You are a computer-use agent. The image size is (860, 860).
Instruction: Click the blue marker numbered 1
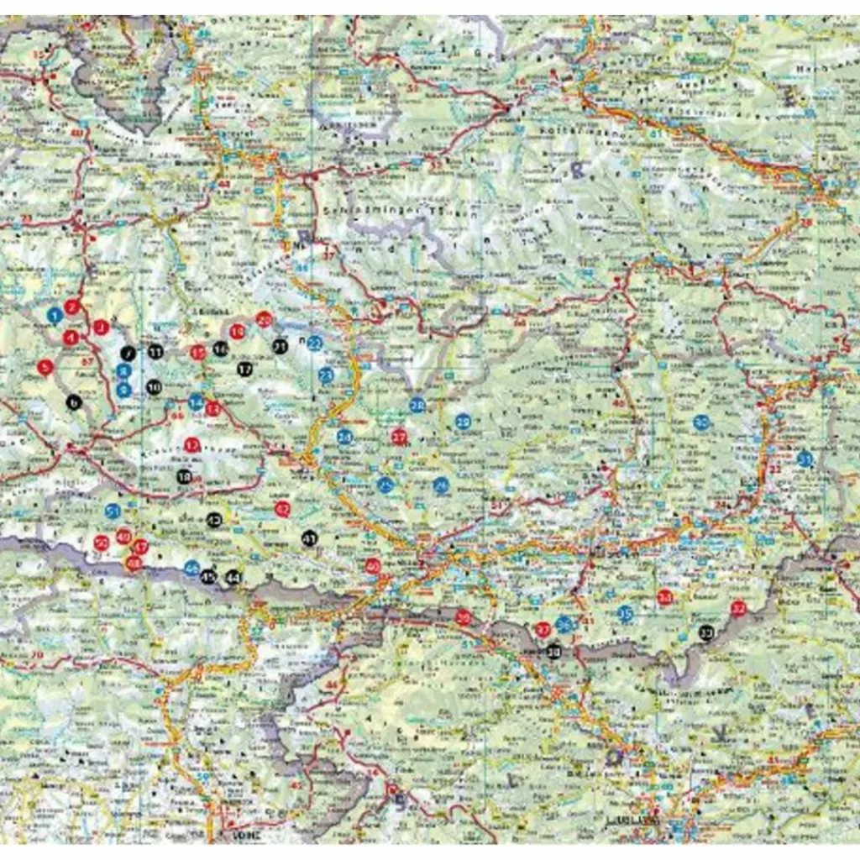[55, 316]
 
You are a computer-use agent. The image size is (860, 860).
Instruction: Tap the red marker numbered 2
[71, 307]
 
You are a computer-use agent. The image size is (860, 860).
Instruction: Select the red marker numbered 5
[45, 366]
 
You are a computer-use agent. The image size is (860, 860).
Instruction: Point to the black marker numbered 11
[156, 352]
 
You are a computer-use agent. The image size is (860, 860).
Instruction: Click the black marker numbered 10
[154, 387]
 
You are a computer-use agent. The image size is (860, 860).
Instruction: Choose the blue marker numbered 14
[196, 402]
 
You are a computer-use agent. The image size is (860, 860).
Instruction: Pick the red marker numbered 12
[192, 445]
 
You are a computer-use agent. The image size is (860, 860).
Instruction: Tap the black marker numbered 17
[244, 368]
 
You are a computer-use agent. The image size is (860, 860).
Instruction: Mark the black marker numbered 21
[280, 345]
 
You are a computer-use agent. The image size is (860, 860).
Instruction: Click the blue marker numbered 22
[314, 343]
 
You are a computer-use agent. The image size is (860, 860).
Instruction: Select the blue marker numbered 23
[327, 375]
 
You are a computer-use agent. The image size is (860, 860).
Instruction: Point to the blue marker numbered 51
[113, 510]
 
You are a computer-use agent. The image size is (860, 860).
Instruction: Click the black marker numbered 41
[309, 538]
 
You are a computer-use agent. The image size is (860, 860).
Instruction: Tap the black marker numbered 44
[233, 577]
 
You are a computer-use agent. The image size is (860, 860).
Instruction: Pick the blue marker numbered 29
[463, 420]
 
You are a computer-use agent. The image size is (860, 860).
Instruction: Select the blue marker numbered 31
[805, 459]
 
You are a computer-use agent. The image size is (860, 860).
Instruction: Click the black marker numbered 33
[706, 632]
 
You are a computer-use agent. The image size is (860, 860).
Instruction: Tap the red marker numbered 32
[738, 608]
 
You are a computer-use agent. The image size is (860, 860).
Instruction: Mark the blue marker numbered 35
[625, 613]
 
